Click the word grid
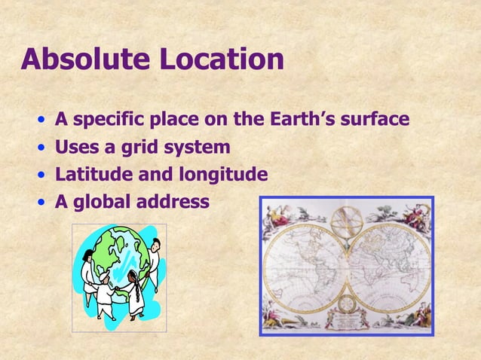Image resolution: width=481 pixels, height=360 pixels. click(152, 147)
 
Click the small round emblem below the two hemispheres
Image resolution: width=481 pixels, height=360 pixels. click(347, 304)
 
